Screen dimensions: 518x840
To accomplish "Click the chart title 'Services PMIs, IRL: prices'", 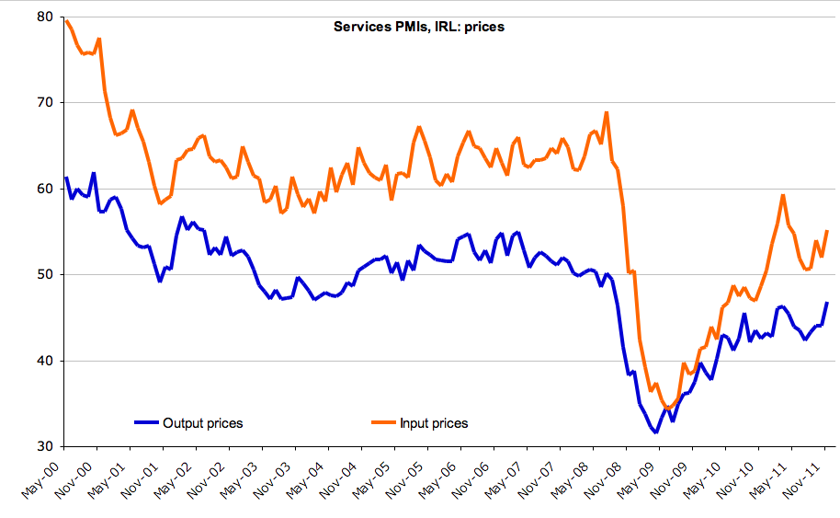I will [418, 27].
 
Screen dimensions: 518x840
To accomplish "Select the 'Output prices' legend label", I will [202, 423].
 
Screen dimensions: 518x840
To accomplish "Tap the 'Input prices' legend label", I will [434, 423].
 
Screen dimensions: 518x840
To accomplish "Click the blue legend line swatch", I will [147, 423].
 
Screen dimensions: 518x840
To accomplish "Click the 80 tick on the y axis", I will [44, 16].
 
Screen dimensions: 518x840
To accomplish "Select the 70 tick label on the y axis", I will [44, 102].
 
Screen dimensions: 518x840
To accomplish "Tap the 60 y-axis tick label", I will [44, 189].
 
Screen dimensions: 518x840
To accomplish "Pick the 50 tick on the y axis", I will [44, 274].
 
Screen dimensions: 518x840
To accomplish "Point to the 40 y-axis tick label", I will [44, 361].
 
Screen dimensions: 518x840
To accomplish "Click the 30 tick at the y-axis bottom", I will [44, 447].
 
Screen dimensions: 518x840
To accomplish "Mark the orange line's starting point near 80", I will [66, 20].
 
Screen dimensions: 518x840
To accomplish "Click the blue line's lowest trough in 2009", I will [656, 432].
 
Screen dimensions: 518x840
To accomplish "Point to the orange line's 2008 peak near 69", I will [607, 112].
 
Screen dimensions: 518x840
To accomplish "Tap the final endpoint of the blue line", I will [827, 303].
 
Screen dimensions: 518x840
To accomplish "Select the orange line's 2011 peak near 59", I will [782, 195].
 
